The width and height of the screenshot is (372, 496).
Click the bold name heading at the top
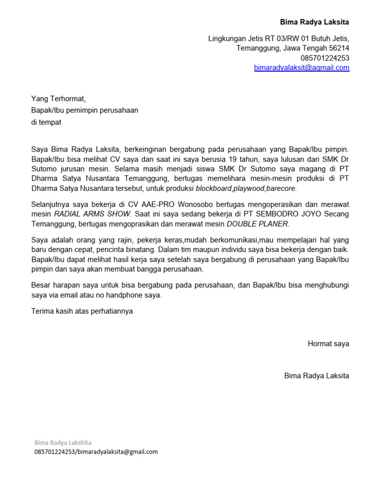[x=314, y=22]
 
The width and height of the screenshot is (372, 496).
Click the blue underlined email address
[x=301, y=68]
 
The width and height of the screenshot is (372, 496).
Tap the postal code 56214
[x=339, y=48]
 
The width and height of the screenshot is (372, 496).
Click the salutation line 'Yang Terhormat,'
[x=58, y=99]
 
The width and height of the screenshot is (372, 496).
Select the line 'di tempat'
[x=46, y=122]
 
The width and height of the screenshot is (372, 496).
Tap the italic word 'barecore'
[x=281, y=188]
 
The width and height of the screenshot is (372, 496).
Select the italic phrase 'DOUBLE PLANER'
[x=257, y=224]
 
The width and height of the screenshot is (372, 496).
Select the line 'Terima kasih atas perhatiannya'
[x=82, y=311]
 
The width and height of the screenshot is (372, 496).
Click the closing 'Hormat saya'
[x=328, y=344]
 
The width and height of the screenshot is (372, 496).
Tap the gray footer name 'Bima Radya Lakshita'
[x=62, y=443]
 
